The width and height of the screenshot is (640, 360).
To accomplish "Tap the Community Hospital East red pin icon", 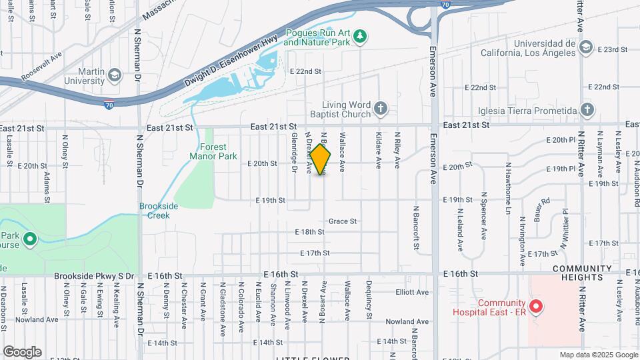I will pyautogui.click(x=537, y=307).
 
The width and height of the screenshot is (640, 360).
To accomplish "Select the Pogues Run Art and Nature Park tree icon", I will pyautogui.click(x=361, y=35).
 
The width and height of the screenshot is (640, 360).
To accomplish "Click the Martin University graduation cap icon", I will pyautogui.click(x=114, y=75).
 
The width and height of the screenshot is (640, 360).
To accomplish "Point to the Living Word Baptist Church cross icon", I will pyautogui.click(x=380, y=108).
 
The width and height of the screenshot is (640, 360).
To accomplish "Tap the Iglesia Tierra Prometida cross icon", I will pyautogui.click(x=587, y=110).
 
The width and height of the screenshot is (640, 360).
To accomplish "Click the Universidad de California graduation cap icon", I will pyautogui.click(x=585, y=47).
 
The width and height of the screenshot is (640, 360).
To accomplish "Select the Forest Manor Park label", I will pyautogui.click(x=213, y=151).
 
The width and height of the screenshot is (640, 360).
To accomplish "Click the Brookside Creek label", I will pyautogui.click(x=159, y=211).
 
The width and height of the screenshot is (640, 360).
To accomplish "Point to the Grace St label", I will pyautogui.click(x=343, y=221).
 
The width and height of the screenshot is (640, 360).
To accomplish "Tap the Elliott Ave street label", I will pyautogui.click(x=412, y=292).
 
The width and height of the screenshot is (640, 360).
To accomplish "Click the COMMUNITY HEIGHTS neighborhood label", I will pyautogui.click(x=582, y=273).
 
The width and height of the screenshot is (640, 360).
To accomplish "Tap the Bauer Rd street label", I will pyautogui.click(x=541, y=210).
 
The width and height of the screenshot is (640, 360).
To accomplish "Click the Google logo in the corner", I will pyautogui.click(x=22, y=352).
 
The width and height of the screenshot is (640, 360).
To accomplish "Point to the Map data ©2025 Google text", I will pyautogui.click(x=599, y=355).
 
